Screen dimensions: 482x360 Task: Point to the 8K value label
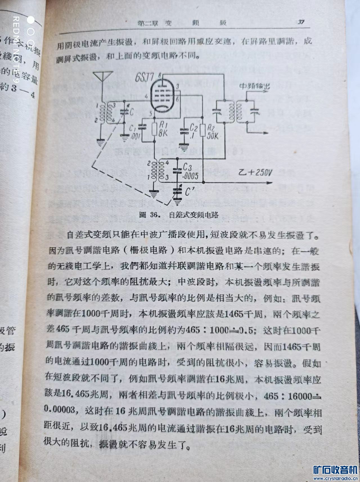pyautogui.click(x=163, y=133)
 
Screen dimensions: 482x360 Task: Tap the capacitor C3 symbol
pyautogui.click(x=177, y=170)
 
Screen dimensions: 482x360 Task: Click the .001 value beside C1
pyautogui.click(x=137, y=138)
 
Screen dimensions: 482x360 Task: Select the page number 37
pyautogui.click(x=301, y=22)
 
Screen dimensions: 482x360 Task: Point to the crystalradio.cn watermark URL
pyautogui.click(x=335, y=479)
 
